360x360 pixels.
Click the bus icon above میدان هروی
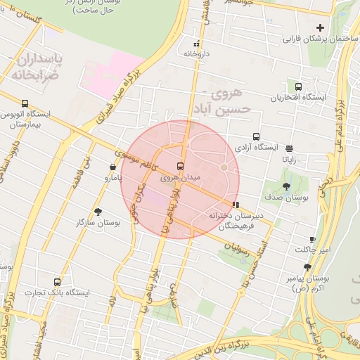[x=181, y=167]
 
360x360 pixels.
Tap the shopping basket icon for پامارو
[x=113, y=167]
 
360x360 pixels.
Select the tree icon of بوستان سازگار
[x=98, y=212]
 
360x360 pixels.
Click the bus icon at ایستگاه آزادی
[x=256, y=138]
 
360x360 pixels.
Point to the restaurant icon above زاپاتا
[x=290, y=148]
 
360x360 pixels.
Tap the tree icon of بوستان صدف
[x=286, y=186]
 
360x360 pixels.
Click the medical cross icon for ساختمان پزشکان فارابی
[x=321, y=28]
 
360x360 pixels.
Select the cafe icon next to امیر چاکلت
[x=312, y=240]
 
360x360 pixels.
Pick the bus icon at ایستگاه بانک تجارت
[x=57, y=282]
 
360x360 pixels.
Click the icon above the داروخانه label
[x=196, y=44]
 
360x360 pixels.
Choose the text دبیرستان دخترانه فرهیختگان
[x=236, y=221]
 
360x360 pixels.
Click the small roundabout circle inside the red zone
[x=224, y=167]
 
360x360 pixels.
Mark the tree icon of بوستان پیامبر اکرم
[x=307, y=267]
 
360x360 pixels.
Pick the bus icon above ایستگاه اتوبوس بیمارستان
[x=25, y=103]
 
